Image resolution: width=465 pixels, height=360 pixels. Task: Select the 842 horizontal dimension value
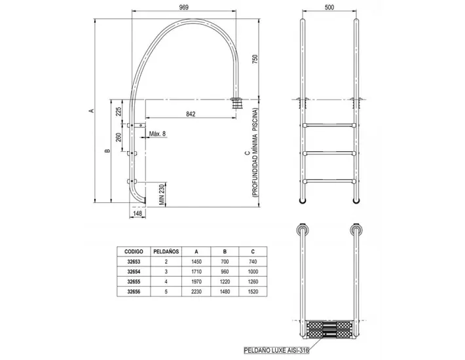[x=190, y=114]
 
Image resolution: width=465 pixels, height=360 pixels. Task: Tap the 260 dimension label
[x=119, y=138]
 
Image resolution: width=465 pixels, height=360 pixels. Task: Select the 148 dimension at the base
[x=138, y=213]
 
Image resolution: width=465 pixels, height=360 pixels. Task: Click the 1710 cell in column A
[x=195, y=270]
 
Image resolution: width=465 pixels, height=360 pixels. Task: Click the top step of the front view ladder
[x=329, y=124]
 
